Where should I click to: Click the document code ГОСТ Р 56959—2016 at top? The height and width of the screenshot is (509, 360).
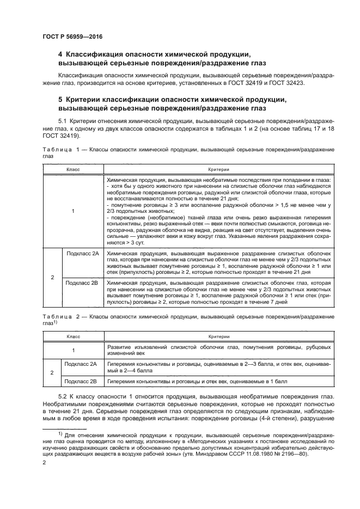72,36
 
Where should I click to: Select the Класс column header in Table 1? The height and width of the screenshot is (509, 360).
72,170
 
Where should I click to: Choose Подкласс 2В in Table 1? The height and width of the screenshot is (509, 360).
82,283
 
